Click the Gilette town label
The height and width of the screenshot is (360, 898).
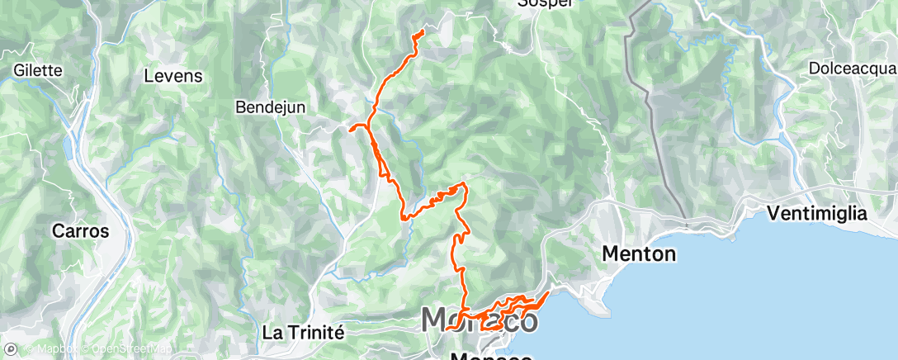point(38,71)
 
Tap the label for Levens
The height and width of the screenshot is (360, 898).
point(173,76)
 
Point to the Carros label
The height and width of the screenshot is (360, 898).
point(80,231)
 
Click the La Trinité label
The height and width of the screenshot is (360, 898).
point(302,332)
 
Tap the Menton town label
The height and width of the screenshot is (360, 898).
point(639,253)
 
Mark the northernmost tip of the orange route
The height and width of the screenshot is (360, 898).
point(423,31)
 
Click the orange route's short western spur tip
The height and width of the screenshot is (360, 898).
point(351,129)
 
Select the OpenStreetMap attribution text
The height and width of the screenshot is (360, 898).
point(123,350)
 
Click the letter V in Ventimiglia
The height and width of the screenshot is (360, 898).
point(773,214)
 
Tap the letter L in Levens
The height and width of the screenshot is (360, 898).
point(149,76)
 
